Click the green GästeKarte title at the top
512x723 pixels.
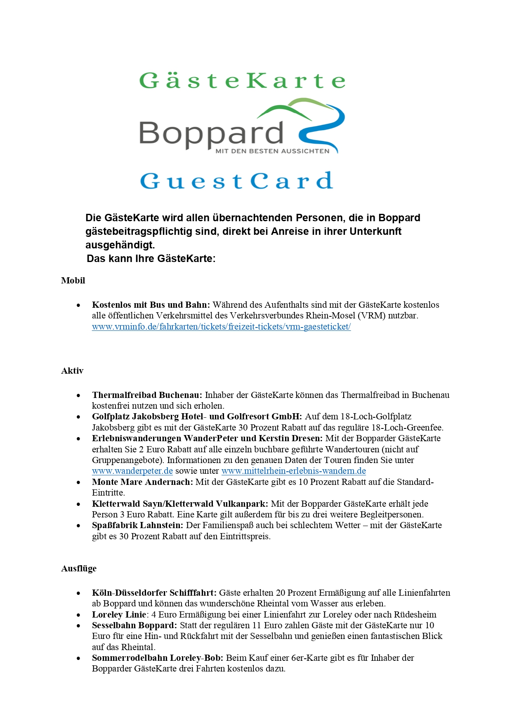pos(242,80)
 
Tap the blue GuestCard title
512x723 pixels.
pos(236,181)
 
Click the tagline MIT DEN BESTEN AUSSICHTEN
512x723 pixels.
pos(272,151)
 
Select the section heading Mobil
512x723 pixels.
pos(73,281)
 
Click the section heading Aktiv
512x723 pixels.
pos(72,371)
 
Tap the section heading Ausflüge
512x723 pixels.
pos(79,569)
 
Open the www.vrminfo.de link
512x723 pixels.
pos(221,327)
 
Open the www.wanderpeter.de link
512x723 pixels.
pos(132,471)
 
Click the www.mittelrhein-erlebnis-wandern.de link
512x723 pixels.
pos(293,471)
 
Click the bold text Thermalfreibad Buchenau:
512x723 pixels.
pos(147,395)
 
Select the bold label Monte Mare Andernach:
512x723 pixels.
pos(142,482)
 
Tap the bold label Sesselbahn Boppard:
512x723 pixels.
pos(134,625)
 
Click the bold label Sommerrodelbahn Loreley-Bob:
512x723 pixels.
pos(158,658)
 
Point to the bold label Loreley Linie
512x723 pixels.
pos(119,615)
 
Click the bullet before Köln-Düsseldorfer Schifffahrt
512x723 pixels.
pos(78,593)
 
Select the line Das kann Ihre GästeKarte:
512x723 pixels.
pos(151,259)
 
